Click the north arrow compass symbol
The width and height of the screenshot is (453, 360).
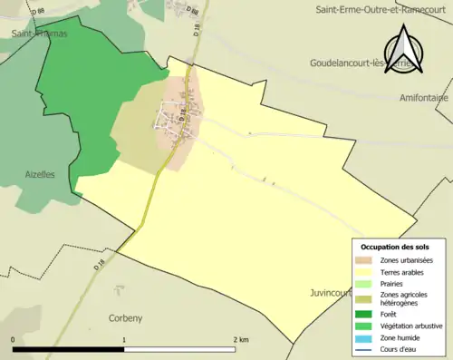[x=404, y=45]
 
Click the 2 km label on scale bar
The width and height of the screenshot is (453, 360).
[x=240, y=339]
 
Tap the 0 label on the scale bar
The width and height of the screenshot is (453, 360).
[x=13, y=339]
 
